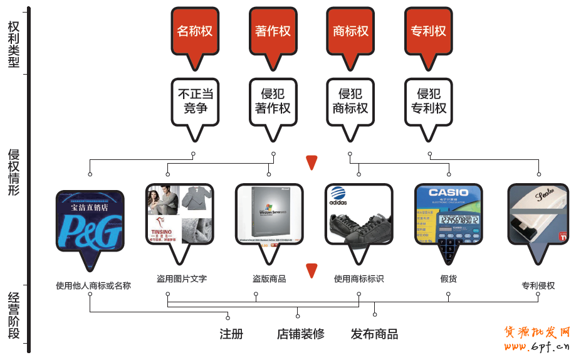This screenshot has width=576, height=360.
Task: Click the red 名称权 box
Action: point(195,31)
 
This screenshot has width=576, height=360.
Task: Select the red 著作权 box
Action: point(273,31)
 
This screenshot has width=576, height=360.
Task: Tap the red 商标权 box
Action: point(350,31)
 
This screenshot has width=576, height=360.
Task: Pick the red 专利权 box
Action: point(429,31)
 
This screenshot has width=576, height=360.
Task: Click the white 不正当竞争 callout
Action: point(195,101)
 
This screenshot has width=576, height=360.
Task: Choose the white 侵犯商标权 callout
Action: point(350,101)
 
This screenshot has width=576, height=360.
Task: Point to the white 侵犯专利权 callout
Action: point(429,101)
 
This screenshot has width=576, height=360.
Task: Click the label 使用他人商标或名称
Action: point(93,285)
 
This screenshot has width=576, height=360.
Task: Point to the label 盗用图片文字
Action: point(182,278)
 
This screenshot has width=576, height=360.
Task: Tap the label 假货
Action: point(449,278)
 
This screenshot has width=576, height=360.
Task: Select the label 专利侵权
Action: point(538,285)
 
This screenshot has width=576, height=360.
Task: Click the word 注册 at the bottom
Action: point(231,334)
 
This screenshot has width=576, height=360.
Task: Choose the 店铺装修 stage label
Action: point(301,334)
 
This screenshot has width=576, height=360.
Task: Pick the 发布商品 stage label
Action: point(374,334)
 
